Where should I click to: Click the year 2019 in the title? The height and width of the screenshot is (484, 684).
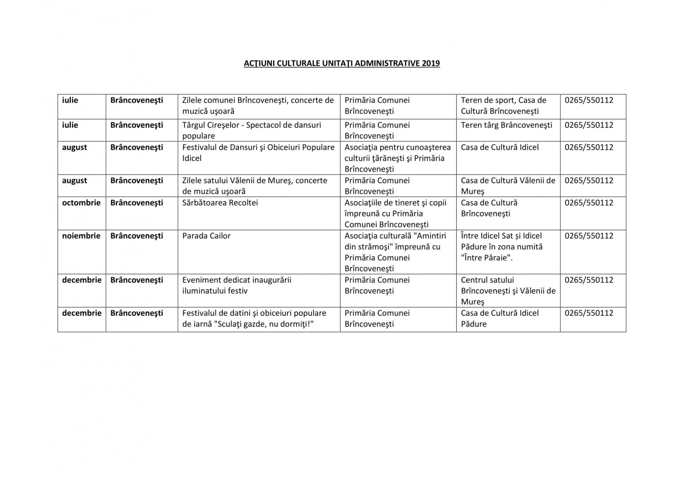pos(430,63)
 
